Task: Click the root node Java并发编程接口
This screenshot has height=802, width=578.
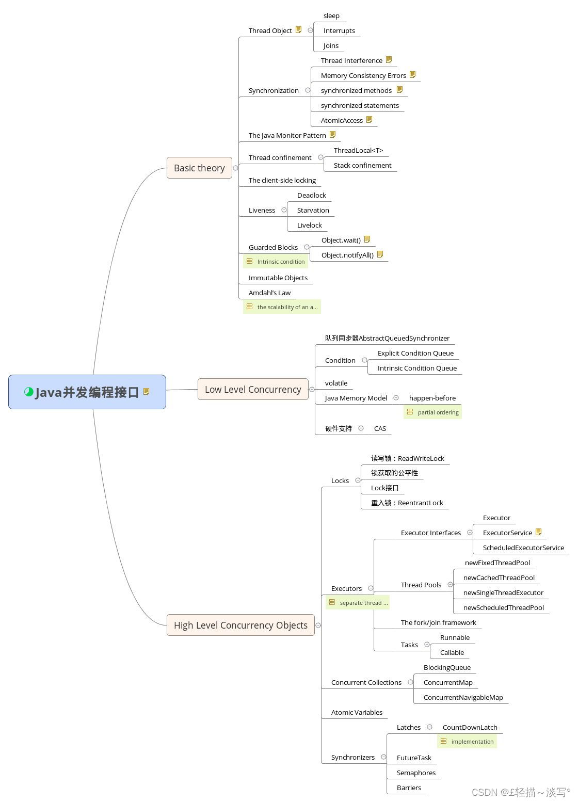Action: [x=87, y=392]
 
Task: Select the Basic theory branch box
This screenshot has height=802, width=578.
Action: [x=199, y=168]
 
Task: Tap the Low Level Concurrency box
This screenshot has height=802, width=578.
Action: [x=253, y=389]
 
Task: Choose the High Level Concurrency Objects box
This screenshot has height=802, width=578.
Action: [x=240, y=625]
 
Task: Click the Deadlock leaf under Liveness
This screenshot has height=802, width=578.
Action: [x=311, y=195]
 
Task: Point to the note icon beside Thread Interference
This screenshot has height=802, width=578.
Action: [x=389, y=60]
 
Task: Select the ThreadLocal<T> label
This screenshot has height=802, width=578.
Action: [x=358, y=150]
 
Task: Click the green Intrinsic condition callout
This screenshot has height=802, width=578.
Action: [x=276, y=262]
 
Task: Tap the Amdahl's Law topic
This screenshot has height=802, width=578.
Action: [x=269, y=293]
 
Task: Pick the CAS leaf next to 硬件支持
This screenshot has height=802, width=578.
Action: [x=380, y=428]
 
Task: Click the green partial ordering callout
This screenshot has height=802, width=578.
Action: [x=433, y=412]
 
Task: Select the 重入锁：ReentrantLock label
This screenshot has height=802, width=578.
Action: [x=407, y=503]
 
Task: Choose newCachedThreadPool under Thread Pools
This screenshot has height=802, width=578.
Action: [x=499, y=578]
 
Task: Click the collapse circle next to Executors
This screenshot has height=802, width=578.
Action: [x=371, y=588]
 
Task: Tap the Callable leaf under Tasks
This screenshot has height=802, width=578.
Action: [x=452, y=652]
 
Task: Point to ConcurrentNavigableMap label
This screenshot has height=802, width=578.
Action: [x=463, y=697]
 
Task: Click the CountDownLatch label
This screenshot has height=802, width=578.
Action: [x=470, y=727]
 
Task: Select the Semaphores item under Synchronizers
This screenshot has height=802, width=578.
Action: [x=416, y=773]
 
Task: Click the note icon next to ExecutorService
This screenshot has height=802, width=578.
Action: [x=539, y=532]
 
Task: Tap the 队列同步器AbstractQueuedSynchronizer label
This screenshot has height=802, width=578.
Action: [x=387, y=338]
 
